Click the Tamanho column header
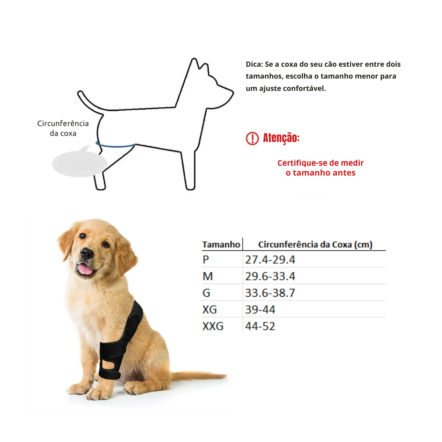(x=221, y=245)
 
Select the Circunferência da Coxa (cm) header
(x=315, y=245)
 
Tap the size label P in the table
(x=206, y=260)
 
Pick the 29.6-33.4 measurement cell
(x=270, y=277)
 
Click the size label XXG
(x=213, y=327)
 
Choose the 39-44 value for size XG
(x=260, y=310)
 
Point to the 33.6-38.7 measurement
(x=270, y=293)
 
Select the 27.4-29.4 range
(x=270, y=260)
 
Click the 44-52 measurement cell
(x=260, y=327)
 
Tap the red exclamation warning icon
(x=252, y=138)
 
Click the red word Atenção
(x=281, y=138)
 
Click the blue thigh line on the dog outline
(x=116, y=145)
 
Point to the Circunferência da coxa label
(x=63, y=128)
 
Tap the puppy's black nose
(x=87, y=254)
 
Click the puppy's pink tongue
(x=86, y=269)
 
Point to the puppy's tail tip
(x=223, y=375)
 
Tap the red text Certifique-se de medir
(x=320, y=163)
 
